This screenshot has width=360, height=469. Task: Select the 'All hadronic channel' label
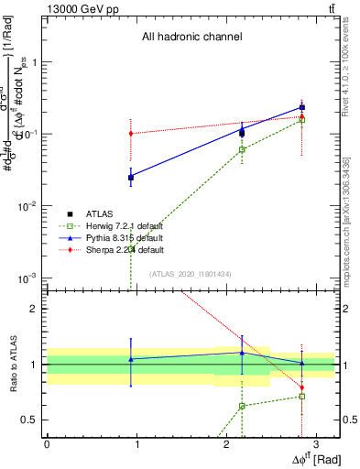pos(191,38)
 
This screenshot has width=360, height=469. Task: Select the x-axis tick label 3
pos(315,444)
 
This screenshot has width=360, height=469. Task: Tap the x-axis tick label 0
pos(47,444)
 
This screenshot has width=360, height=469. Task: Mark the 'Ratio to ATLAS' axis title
pos(12,364)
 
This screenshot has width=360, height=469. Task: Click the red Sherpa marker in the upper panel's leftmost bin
pos(131,134)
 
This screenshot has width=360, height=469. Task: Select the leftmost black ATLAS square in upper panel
pos(131,177)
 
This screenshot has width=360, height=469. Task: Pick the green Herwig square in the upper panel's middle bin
pos(242,149)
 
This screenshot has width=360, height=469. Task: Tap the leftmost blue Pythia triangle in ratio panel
pos(131,359)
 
